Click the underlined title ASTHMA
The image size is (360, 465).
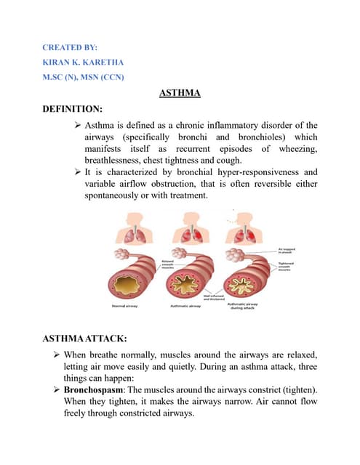(180, 93)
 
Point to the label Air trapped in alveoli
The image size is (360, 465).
(286, 251)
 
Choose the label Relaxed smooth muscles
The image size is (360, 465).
(168, 263)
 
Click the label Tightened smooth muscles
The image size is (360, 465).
(286, 266)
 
